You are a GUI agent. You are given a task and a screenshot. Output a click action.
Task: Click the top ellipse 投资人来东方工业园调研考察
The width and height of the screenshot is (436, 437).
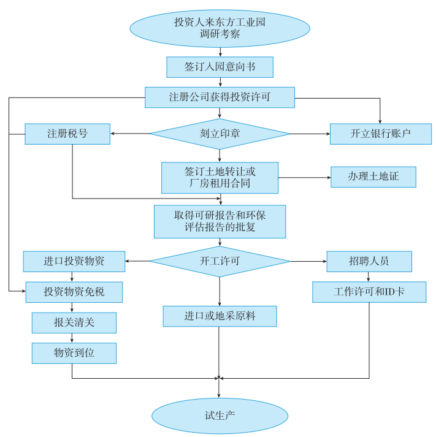(x=220, y=28)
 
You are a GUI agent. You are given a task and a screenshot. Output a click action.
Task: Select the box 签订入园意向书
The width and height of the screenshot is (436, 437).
(x=220, y=67)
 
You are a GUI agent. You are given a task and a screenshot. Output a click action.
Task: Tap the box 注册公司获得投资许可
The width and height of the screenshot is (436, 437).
(x=220, y=97)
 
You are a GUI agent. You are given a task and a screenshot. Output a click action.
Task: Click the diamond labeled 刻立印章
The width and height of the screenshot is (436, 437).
(x=220, y=134)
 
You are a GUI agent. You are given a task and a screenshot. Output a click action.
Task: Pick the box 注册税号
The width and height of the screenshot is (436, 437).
(x=67, y=134)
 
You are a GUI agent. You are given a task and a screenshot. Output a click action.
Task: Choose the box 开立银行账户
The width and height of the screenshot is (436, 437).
(x=380, y=134)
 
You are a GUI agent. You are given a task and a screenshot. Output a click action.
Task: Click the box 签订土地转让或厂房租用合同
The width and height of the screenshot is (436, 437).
(x=220, y=178)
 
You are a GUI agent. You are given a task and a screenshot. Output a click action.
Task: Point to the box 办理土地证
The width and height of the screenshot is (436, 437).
(x=373, y=177)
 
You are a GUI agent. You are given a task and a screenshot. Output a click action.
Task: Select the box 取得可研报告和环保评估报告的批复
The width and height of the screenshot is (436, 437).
(x=220, y=221)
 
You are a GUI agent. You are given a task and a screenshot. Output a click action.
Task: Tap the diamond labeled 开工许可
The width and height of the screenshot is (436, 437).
(x=220, y=261)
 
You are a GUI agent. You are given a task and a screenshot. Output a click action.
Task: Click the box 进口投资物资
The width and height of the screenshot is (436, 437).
(x=74, y=261)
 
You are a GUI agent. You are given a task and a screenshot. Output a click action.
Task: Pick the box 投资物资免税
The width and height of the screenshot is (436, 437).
(x=74, y=292)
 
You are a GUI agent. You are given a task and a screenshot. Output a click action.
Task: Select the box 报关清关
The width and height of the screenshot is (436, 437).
(x=74, y=322)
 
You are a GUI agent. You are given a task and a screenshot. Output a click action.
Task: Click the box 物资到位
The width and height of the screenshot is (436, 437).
(x=74, y=352)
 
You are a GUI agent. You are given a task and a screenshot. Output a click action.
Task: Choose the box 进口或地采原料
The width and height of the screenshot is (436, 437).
(x=220, y=316)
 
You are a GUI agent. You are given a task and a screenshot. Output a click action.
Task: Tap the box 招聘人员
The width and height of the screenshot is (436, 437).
(x=369, y=261)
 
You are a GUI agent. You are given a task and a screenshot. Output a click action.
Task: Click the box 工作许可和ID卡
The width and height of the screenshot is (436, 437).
(x=369, y=292)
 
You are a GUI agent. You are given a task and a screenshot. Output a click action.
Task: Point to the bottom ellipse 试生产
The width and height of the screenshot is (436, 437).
(x=220, y=416)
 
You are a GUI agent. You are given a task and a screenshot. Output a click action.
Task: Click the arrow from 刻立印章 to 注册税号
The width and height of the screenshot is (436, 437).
(x=131, y=134)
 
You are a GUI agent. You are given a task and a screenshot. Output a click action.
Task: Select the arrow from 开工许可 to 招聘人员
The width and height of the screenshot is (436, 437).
(x=308, y=261)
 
